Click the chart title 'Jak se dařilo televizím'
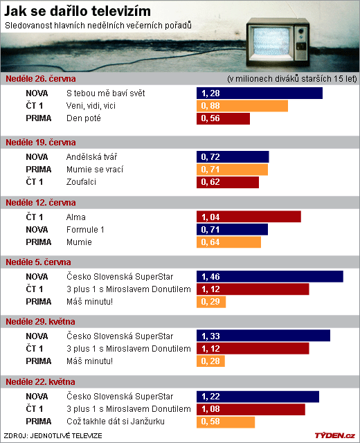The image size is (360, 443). (x=77, y=11)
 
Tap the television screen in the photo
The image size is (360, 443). (x=271, y=41)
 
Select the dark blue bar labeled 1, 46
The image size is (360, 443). (x=270, y=277)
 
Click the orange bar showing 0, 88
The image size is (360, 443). (x=242, y=106)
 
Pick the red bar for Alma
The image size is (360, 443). (x=249, y=217)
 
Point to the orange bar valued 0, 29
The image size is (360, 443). (x=211, y=302)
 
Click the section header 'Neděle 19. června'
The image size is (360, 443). (x=41, y=143)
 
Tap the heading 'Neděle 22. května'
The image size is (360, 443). (x=40, y=382)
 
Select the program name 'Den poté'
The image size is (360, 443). (x=84, y=118)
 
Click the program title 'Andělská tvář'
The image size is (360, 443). (x=91, y=157)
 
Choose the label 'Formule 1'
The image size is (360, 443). (x=85, y=230)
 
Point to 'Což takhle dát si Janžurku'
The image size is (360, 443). (x=116, y=422)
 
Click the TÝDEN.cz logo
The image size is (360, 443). (x=335, y=435)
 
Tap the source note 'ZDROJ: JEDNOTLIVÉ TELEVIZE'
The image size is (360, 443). (x=53, y=436)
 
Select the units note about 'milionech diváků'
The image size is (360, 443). (x=292, y=78)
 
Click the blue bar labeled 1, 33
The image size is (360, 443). (x=263, y=336)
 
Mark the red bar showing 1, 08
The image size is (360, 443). (x=251, y=409)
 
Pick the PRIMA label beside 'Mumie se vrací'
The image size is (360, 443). (x=39, y=169)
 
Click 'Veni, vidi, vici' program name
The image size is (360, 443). (x=91, y=106)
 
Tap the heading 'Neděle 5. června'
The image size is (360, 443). (x=38, y=262)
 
